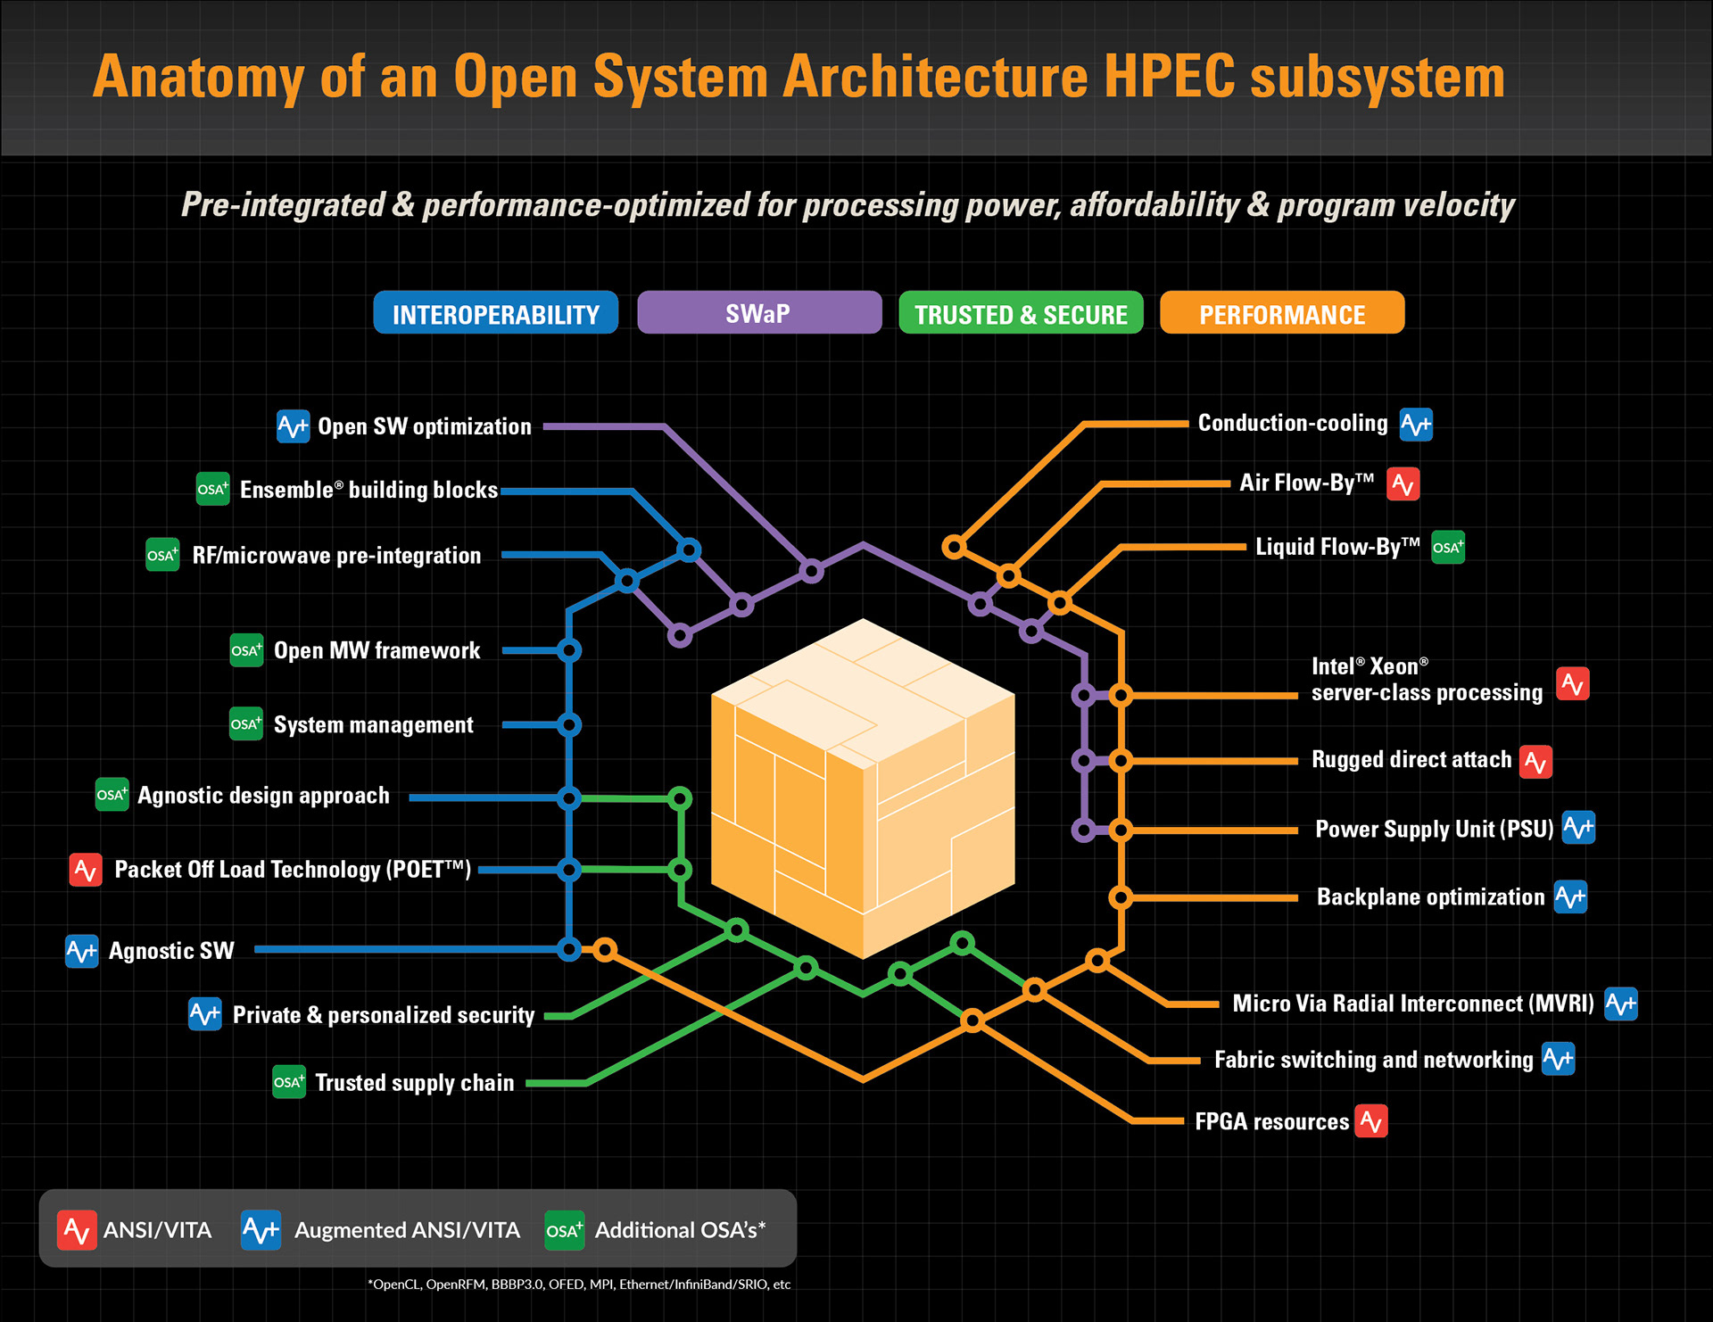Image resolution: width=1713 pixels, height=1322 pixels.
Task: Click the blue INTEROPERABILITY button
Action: pos(495,313)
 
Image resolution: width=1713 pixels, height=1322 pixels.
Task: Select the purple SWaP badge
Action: pos(758,313)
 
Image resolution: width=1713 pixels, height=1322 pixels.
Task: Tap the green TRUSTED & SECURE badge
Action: pos(1021,313)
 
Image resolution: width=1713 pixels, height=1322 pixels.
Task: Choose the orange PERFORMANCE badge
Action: pos(1281,313)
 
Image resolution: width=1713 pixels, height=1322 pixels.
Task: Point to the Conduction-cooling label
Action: pos(1292,424)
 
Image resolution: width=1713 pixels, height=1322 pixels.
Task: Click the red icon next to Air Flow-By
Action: pos(1403,484)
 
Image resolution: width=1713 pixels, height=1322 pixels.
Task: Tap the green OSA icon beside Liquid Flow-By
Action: pos(1447,548)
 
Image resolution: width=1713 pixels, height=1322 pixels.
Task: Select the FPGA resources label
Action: pos(1271,1122)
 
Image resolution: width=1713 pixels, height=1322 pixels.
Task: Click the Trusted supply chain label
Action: pos(414,1083)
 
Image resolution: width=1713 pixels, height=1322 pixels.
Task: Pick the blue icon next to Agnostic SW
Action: pos(82,952)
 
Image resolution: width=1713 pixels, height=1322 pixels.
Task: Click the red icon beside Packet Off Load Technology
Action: pos(86,870)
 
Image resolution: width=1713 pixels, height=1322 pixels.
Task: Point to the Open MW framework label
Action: pos(377,651)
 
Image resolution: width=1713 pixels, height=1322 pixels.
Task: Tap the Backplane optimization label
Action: pos(1430,897)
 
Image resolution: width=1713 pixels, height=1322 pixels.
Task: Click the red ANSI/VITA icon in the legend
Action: pos(77,1231)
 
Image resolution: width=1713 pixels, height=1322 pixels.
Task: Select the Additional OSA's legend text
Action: pos(680,1231)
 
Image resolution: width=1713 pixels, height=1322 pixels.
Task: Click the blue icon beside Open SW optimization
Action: pos(293,426)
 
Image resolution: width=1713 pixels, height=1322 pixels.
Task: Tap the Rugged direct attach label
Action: pos(1411,760)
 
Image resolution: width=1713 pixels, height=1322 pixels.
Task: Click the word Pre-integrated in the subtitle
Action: pos(283,205)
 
